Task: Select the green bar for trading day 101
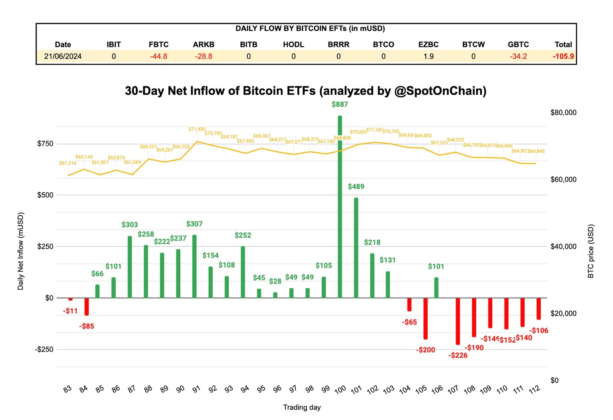coord(356,248)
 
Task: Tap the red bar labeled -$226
coord(458,321)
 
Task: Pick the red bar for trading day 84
coord(87,307)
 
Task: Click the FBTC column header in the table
coord(158,44)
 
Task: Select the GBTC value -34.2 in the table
coord(518,56)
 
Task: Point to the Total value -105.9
coord(563,56)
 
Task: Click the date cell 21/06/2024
coord(63,56)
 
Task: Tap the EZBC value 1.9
coord(428,56)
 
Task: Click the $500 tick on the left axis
coord(45,195)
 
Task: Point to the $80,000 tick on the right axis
coord(563,113)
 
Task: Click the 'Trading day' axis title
coord(302,407)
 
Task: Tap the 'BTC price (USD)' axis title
coord(591,251)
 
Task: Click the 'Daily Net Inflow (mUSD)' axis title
coord(21,251)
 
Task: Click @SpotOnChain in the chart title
coord(440,91)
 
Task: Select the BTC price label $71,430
coord(197,129)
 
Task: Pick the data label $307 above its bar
coord(194,224)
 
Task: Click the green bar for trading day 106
coord(436,287)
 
